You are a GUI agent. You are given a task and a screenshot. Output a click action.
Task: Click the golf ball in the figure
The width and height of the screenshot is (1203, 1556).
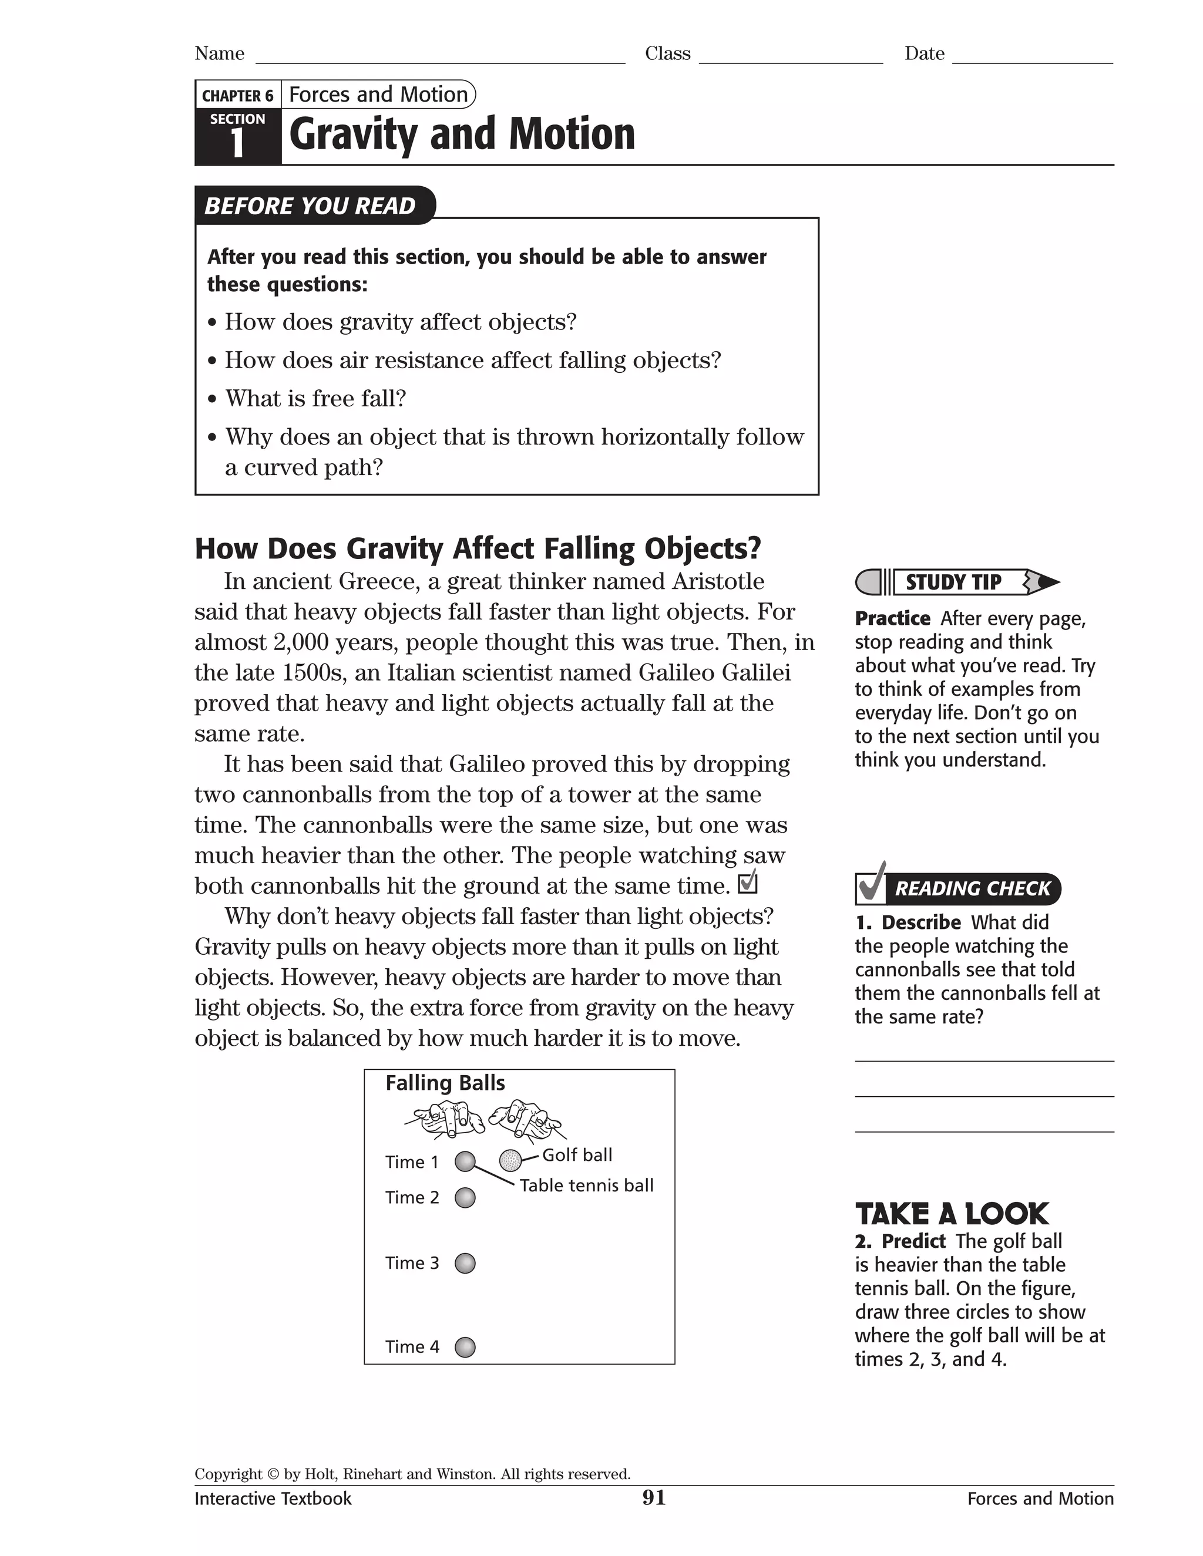coord(510,1161)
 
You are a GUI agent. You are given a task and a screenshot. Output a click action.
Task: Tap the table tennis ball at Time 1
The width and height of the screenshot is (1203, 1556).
coord(465,1161)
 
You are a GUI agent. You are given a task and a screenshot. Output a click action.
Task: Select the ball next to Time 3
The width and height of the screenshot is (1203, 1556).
coord(465,1263)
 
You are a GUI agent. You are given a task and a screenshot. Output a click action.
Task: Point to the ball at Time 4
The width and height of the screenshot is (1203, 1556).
coord(465,1347)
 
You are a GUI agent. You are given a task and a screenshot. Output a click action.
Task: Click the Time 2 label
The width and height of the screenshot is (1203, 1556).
coord(412,1198)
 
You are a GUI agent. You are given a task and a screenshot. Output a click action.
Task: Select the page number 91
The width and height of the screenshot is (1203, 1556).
coord(654,1498)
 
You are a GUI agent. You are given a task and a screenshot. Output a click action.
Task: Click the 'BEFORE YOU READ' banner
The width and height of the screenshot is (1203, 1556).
coord(310,206)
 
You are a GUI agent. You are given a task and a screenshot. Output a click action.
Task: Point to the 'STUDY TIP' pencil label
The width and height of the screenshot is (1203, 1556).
coord(953,582)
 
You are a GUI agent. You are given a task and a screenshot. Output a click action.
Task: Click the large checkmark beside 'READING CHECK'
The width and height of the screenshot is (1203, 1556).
coord(871,884)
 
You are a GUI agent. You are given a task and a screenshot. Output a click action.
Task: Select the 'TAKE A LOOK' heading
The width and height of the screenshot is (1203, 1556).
coord(952,1214)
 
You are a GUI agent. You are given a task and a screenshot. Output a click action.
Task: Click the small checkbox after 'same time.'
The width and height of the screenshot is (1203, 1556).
coord(748,884)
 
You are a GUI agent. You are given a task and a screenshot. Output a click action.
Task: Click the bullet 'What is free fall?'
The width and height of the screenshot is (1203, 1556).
coord(315,398)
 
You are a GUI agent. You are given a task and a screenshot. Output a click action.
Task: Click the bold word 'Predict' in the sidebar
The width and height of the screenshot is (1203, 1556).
coord(913,1241)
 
